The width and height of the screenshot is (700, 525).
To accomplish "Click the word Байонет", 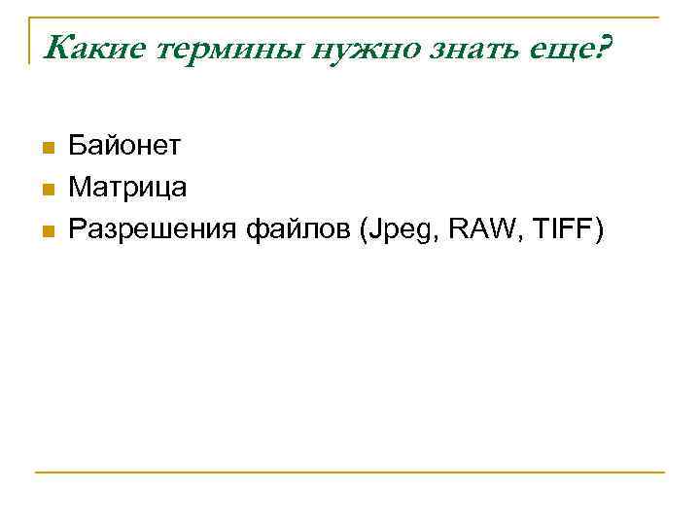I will point(124,147).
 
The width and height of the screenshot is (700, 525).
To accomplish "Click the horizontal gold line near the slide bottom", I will point(350,472).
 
